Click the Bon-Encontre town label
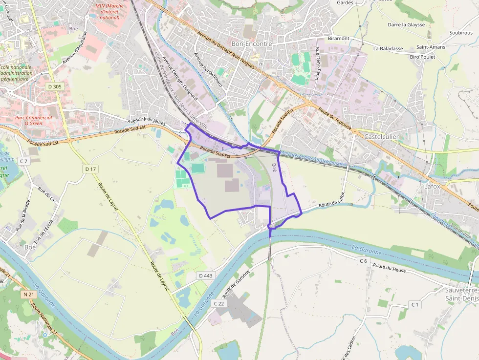tap(251, 43)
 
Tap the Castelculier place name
tap(381, 137)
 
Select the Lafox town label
tap(433, 186)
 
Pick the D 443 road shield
tap(206, 276)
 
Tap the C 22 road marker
tap(219, 303)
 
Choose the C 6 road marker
tap(363, 261)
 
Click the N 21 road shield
tap(28, 295)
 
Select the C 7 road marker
tap(24, 161)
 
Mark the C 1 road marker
tap(415, 305)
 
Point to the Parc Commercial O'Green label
tap(33, 120)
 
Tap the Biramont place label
tap(339, 38)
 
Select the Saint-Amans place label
tap(430, 47)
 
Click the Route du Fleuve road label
tap(390, 267)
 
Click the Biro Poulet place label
tap(422, 57)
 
